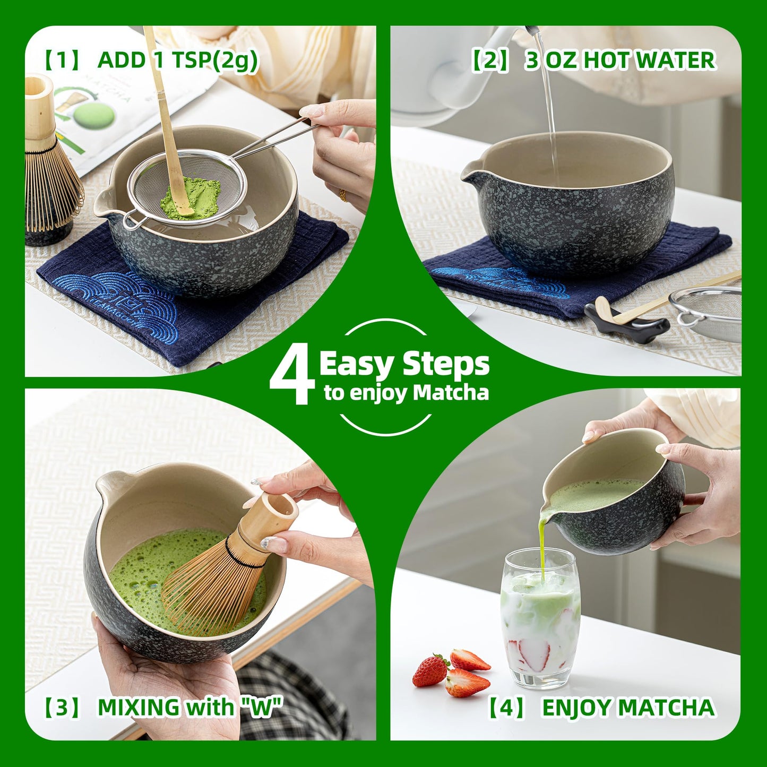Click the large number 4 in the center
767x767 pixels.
(292, 374)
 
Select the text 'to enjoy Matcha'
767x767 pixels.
(406, 393)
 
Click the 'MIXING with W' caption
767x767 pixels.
(189, 708)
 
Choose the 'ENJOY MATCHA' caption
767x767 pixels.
(627, 708)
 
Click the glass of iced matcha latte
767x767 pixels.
(540, 618)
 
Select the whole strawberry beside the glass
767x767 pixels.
(430, 671)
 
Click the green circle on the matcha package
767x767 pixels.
(93, 114)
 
